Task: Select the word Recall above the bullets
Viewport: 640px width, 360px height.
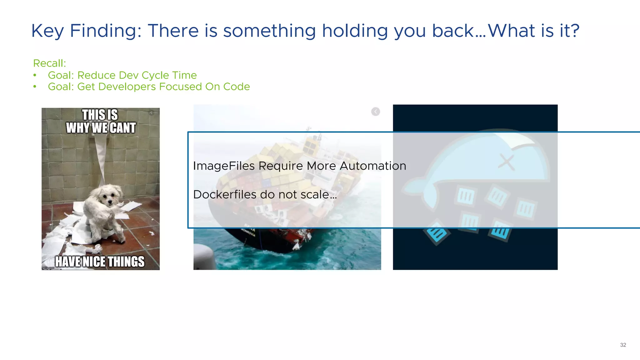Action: [49, 63]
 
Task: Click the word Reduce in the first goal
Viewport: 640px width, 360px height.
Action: [97, 75]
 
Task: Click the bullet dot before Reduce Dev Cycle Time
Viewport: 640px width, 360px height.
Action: [35, 75]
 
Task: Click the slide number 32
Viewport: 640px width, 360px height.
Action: [623, 345]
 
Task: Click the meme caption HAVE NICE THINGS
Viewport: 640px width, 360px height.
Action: [100, 262]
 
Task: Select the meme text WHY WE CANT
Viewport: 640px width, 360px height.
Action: [101, 128]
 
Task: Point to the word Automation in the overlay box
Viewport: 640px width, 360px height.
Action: [373, 166]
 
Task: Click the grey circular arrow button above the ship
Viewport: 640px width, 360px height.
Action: [375, 112]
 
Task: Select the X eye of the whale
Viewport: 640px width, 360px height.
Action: [506, 162]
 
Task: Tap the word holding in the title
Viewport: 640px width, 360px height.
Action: [355, 31]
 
